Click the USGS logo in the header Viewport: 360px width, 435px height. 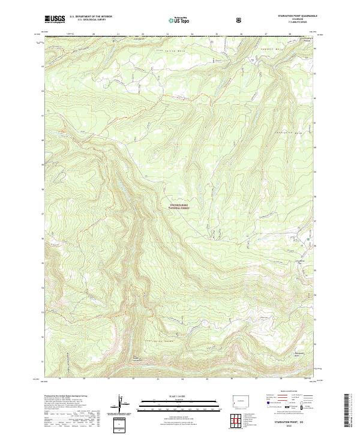[55, 20]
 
